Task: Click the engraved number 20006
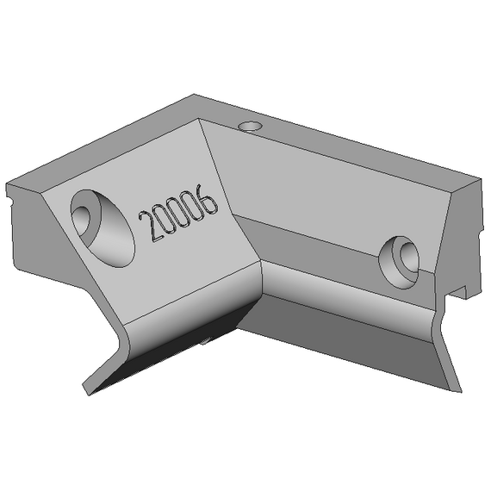tap(178, 213)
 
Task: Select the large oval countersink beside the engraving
tap(103, 228)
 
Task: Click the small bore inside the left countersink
tap(82, 220)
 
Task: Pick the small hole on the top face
tap(250, 127)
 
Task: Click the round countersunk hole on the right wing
tap(399, 263)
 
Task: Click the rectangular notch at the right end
tap(457, 292)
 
